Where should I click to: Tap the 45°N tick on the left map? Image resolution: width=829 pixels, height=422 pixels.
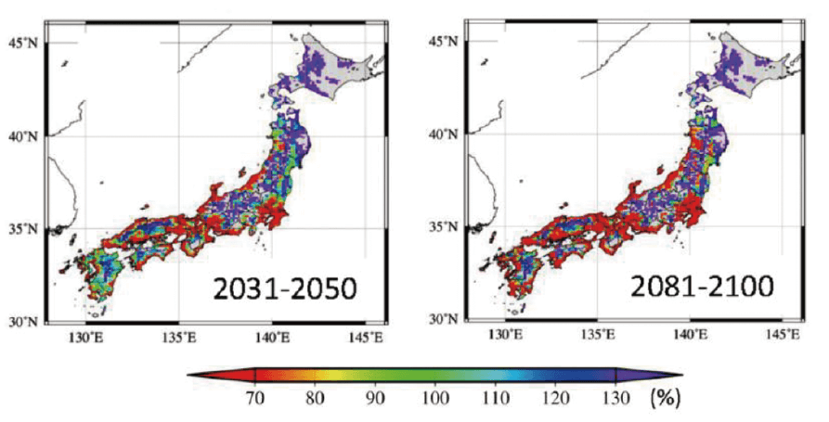pos(22,41)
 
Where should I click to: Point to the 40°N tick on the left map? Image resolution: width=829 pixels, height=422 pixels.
pos(22,135)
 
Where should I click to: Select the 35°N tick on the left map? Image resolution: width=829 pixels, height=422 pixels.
pos(22,229)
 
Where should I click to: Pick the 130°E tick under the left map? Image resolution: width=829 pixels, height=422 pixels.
pos(84,337)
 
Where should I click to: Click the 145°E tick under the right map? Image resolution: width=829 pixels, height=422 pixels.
pos(784,334)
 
